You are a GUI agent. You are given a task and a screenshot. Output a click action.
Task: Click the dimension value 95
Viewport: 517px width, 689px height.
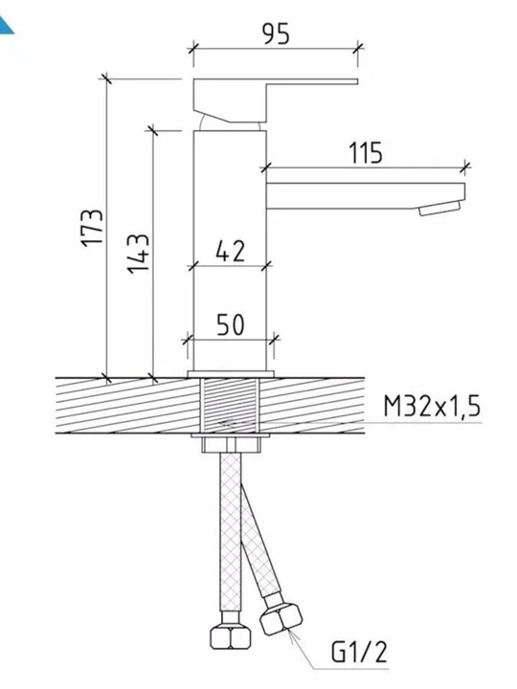pos(277,34)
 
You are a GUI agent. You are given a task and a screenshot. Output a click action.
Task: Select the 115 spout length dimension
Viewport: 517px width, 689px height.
pos(366,153)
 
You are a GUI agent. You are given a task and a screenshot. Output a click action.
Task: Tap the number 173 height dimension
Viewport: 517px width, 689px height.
pos(93,227)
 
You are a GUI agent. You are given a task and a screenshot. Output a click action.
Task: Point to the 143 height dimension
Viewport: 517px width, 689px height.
pos(139,255)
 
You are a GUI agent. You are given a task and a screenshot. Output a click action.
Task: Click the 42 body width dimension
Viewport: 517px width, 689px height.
pos(230,252)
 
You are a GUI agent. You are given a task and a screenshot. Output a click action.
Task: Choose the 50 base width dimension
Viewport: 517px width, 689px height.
pos(231,325)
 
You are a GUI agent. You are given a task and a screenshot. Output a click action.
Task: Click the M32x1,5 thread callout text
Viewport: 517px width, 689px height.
pos(432,407)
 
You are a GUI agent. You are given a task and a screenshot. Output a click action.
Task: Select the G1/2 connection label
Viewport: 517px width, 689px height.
pos(360,652)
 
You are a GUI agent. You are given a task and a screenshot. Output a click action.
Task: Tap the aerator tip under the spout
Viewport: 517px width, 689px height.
pos(439,209)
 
